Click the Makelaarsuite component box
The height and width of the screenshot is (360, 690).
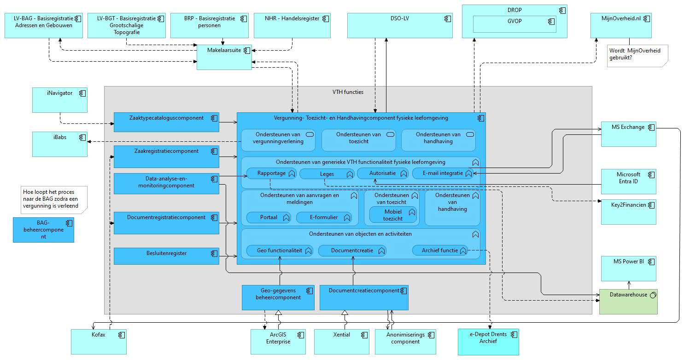click(x=224, y=57)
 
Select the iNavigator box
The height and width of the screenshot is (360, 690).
click(x=60, y=100)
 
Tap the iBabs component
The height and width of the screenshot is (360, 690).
click(x=60, y=144)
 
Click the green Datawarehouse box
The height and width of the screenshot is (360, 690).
click(x=628, y=302)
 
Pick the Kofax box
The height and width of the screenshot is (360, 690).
click(x=99, y=342)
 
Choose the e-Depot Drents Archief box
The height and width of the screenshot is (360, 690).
click(x=488, y=342)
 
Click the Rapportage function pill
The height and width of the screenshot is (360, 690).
click(x=271, y=174)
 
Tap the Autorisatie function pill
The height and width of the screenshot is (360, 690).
click(x=383, y=174)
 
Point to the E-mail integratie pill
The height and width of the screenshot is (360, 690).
click(x=443, y=174)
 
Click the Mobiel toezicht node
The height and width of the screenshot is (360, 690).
click(x=393, y=215)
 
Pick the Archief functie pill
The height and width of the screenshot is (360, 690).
click(x=440, y=251)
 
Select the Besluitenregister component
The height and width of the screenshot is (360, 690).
click(x=166, y=256)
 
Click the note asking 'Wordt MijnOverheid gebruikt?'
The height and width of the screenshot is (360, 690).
click(x=637, y=56)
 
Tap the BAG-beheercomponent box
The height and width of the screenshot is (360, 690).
click(x=43, y=230)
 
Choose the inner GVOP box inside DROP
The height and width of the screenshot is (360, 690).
click(x=515, y=24)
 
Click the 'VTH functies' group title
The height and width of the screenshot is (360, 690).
click(x=348, y=92)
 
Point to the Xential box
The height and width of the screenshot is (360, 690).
click(x=342, y=342)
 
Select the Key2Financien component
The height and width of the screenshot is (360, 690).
click(x=628, y=212)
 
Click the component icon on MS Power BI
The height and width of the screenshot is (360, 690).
click(x=651, y=262)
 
